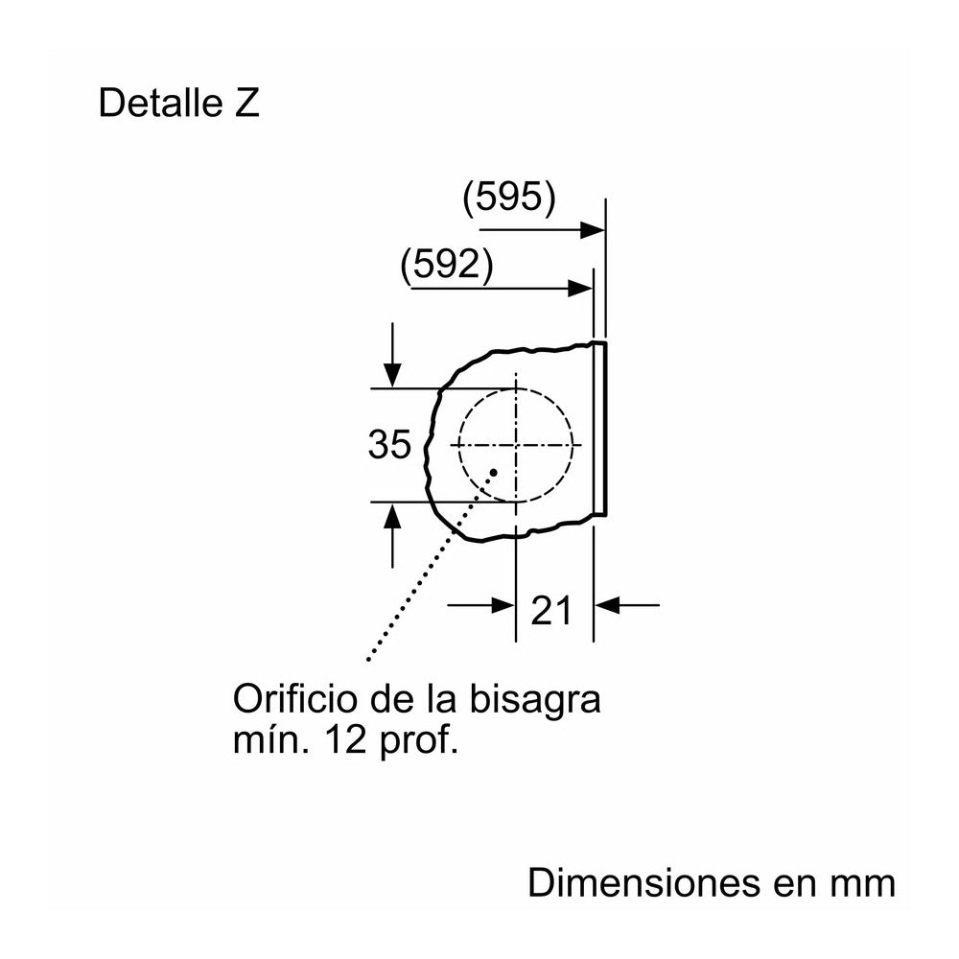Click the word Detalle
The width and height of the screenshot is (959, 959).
point(159,103)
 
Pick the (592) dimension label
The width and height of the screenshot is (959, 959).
point(447,266)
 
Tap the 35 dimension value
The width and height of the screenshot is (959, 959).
point(389,444)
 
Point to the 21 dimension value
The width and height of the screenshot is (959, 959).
point(551,610)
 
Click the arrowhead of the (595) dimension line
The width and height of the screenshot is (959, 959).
point(592,230)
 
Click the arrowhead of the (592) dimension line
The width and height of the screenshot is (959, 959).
point(580,288)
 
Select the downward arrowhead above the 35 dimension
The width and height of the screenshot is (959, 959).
point(392,375)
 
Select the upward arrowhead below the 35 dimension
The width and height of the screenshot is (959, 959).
point(392,515)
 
